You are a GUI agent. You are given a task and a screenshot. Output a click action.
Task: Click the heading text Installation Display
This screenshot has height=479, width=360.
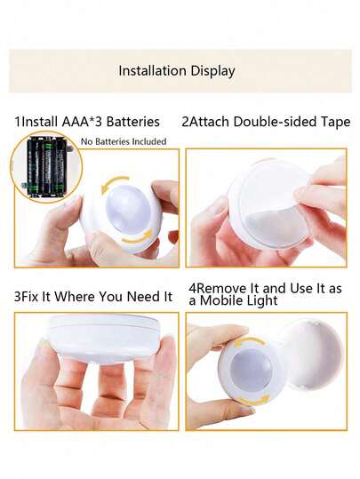pyautogui.click(x=177, y=71)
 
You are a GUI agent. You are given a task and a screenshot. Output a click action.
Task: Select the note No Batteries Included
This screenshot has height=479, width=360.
pyautogui.click(x=124, y=141)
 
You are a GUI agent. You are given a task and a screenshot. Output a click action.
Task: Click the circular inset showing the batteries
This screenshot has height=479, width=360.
pyautogui.click(x=46, y=167)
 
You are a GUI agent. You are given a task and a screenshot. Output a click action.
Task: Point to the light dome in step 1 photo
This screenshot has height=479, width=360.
pyautogui.click(x=124, y=208)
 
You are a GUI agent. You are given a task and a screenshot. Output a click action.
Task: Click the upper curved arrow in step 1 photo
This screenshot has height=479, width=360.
pyautogui.click(x=115, y=183)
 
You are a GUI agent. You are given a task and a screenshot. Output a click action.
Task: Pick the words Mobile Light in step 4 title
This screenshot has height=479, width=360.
pyautogui.click(x=241, y=301)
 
